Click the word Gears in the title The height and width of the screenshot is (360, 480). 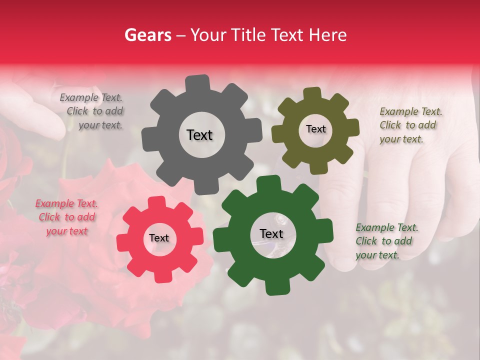pos(148,35)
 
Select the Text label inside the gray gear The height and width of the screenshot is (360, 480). pos(199,135)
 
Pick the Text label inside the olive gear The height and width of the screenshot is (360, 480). pos(315,129)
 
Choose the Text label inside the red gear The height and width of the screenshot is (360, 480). pos(159,238)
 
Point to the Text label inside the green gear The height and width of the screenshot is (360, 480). pos(271,234)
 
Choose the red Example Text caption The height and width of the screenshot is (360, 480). pos(66,217)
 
